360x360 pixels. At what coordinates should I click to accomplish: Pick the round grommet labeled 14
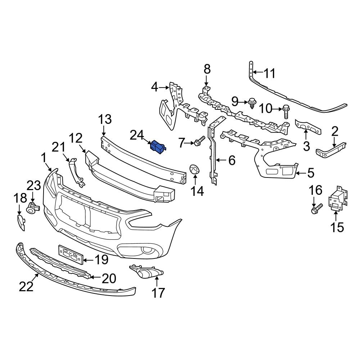[x=195, y=169]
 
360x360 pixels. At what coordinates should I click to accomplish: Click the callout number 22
[x=26, y=287]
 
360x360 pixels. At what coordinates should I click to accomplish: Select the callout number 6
[x=231, y=160]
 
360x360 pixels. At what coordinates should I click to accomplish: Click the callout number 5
[x=310, y=173]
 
